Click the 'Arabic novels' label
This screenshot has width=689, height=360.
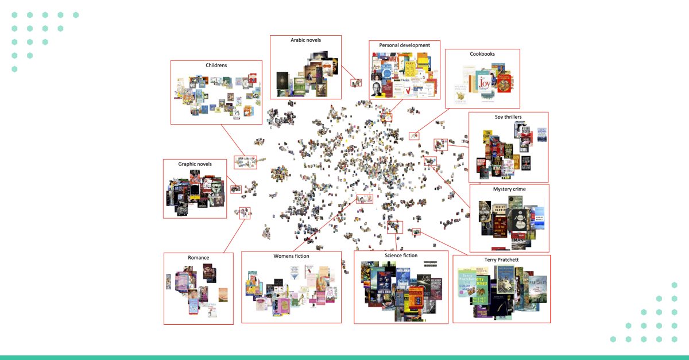tap(305, 40)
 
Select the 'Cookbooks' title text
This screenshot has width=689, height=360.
tap(482, 54)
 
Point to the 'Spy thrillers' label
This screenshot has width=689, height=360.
tap(508, 117)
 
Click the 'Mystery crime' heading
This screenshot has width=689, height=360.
tap(509, 189)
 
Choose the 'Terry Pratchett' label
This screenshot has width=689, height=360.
tap(501, 260)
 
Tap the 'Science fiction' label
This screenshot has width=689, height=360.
tap(401, 256)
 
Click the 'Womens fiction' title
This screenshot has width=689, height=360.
tap(291, 256)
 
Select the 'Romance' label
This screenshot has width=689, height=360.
tap(198, 258)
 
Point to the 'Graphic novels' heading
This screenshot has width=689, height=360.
tap(195, 164)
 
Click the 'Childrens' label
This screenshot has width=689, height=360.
tap(216, 65)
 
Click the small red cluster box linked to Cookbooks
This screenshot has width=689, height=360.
tap(414, 136)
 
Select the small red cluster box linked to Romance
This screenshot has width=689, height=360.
tap(245, 214)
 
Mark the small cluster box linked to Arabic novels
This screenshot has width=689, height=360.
tap(357, 83)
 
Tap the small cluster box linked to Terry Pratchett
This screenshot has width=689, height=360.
tap(416, 232)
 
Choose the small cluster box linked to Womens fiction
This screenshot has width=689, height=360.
tap(365, 199)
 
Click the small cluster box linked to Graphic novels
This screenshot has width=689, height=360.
tap(235, 189)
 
